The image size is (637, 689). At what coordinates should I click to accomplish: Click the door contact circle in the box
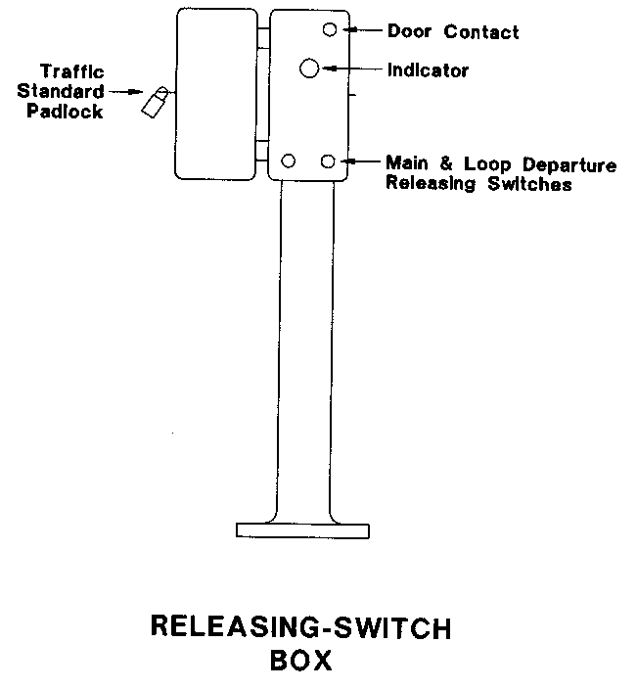(330, 29)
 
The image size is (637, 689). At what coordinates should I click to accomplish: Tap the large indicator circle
(309, 68)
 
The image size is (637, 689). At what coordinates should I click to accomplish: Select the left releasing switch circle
(289, 161)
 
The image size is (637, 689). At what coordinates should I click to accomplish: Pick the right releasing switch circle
(329, 161)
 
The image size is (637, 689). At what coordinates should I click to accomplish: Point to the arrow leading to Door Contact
(363, 30)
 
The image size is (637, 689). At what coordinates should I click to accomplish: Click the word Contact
(481, 31)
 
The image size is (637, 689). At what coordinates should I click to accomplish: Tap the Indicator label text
(428, 70)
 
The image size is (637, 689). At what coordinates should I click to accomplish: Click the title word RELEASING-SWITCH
(301, 626)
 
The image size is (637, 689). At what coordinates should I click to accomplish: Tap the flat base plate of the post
(303, 530)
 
